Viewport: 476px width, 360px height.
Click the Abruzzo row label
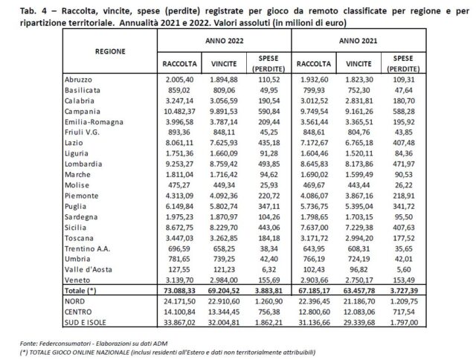pos(81,77)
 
